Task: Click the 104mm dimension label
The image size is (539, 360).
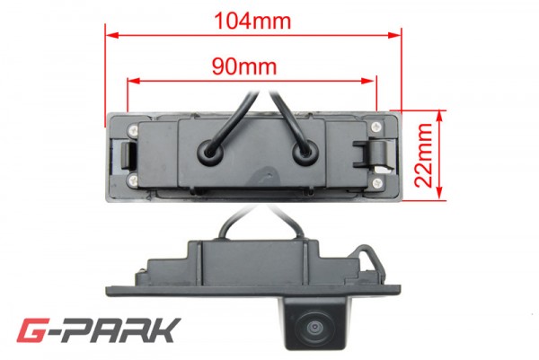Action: [x=252, y=21]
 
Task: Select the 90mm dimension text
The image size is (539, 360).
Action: [x=244, y=66]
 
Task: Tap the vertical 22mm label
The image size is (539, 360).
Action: [x=423, y=155]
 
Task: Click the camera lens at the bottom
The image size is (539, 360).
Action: [x=314, y=327]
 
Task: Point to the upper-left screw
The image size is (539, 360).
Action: [x=133, y=129]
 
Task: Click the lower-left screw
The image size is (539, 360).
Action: [x=133, y=179]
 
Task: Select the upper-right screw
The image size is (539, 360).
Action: [x=377, y=127]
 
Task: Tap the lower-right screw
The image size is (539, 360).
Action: [x=377, y=183]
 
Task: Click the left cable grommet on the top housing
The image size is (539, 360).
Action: [x=211, y=152]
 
